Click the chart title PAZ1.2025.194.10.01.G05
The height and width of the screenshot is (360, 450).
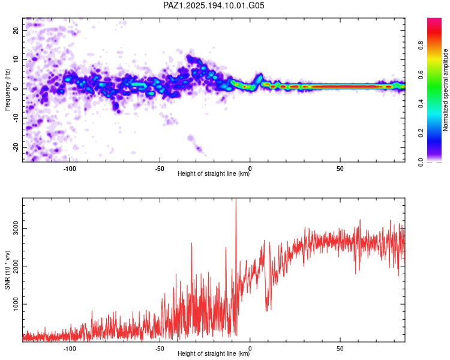tap(214, 5)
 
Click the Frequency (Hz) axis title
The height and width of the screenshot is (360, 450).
tap(7, 90)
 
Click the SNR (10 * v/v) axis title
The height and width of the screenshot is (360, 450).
tap(7, 270)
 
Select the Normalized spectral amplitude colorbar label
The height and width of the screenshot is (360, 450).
tap(445, 90)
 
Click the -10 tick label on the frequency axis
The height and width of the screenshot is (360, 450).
tap(16, 118)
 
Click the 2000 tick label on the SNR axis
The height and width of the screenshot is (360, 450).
tap(16, 266)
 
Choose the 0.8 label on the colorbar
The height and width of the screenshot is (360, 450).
tap(421, 46)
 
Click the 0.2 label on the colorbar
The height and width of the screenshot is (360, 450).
tap(421, 133)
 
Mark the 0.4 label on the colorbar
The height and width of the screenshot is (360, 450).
tap(421, 104)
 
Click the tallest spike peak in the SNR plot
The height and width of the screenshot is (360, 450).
tap(236, 199)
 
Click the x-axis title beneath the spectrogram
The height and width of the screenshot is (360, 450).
tap(214, 173)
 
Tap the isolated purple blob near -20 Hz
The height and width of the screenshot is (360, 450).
tap(199, 149)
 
